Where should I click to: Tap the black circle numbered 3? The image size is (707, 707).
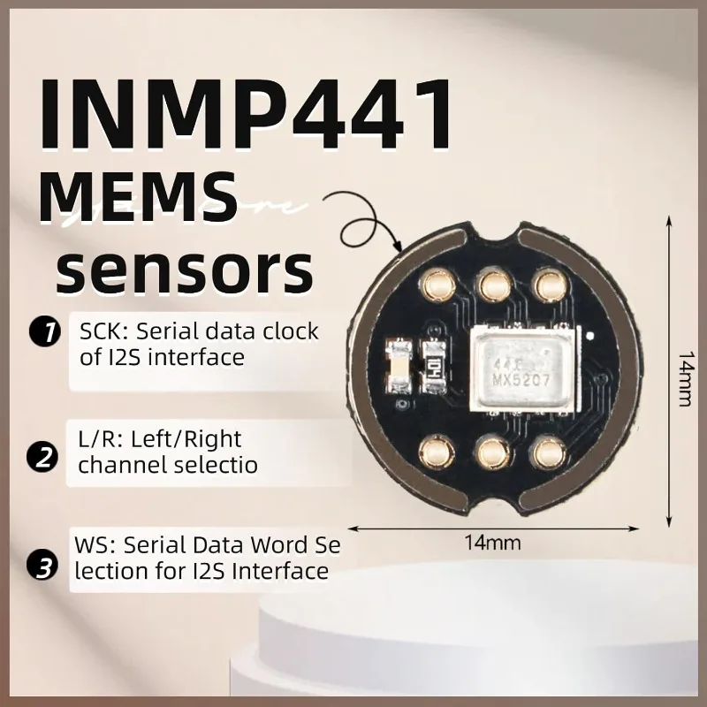tap(43, 566)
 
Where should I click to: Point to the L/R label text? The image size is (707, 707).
tap(91, 439)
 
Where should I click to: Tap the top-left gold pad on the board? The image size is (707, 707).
tap(435, 282)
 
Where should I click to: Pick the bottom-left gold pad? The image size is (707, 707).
tap(435, 452)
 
